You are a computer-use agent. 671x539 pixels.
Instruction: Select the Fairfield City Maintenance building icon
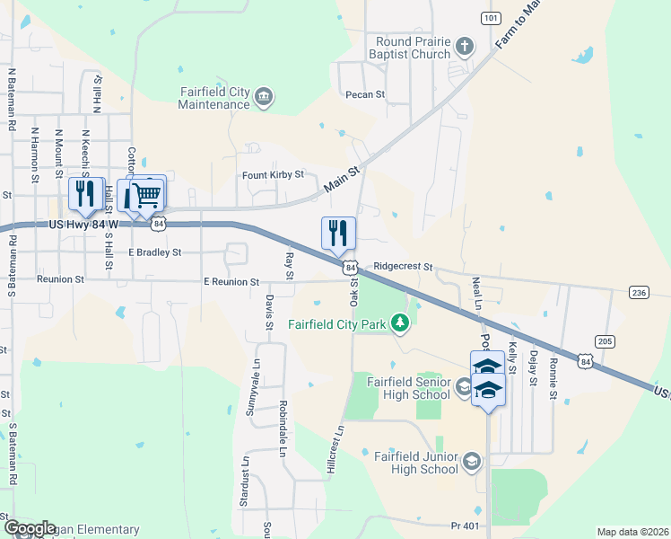click(264, 97)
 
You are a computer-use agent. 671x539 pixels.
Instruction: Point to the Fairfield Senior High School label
click(408, 387)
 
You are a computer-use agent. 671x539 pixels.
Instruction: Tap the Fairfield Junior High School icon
click(470, 462)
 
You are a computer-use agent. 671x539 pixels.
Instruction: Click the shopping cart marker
click(150, 193)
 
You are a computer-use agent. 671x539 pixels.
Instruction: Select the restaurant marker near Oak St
click(338, 233)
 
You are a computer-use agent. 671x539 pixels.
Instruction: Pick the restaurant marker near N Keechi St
click(85, 193)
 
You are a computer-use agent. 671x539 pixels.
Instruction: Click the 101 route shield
click(490, 18)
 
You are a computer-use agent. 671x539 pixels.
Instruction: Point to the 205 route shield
click(605, 340)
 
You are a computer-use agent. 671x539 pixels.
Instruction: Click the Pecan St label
click(363, 94)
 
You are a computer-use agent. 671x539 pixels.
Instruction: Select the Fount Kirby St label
click(274, 175)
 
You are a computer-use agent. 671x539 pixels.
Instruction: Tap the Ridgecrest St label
click(403, 267)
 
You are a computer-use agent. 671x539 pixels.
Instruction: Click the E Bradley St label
click(154, 252)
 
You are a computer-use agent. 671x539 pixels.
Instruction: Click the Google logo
click(30, 528)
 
